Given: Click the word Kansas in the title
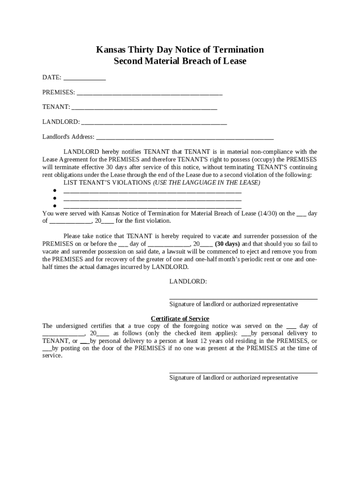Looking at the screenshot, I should [x=110, y=50].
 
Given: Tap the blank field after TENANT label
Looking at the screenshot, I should [x=144, y=108].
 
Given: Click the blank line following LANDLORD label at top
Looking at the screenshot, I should [x=154, y=123].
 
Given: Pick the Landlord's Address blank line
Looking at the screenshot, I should [x=185, y=138].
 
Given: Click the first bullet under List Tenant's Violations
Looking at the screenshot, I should [x=55, y=191].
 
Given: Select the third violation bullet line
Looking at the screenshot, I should [x=55, y=206].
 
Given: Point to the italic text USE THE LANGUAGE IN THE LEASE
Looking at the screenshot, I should [x=207, y=182].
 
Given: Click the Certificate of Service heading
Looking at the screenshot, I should [x=180, y=319].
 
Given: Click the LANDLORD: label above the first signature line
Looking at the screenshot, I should [x=188, y=282].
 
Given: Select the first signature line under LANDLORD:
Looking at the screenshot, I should [x=243, y=298].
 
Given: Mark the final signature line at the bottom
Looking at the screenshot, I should [x=243, y=372].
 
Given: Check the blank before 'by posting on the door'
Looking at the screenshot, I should [x=47, y=348].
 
